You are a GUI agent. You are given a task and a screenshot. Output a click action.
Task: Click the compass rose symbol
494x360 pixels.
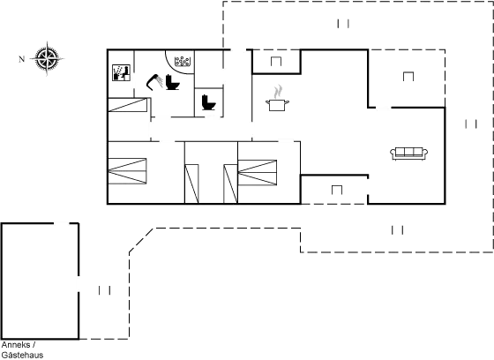point(48,58)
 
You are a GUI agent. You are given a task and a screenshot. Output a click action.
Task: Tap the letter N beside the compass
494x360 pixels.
point(21,59)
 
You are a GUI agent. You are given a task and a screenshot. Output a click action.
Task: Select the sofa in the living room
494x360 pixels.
point(408,154)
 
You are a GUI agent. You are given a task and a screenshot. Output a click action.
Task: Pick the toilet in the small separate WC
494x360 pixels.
point(210,102)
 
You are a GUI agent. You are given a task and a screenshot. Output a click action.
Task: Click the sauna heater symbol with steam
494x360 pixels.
point(183,62)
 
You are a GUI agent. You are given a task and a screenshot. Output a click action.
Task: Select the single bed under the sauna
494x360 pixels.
point(124,108)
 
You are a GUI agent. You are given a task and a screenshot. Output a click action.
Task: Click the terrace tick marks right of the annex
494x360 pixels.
point(104,289)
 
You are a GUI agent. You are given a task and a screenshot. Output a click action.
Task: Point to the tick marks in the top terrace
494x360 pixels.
point(343,22)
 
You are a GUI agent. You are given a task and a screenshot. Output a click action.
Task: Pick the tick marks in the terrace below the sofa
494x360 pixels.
point(397,229)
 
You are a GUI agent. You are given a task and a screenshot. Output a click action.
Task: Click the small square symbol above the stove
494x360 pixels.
point(276,61)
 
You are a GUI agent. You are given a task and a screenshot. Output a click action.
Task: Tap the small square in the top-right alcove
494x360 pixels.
point(408,76)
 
